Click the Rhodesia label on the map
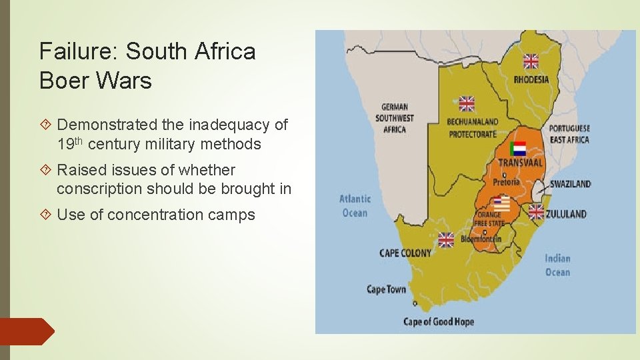(531, 80)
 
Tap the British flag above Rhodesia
(531, 61)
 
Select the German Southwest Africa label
(395, 118)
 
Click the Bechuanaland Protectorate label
(472, 128)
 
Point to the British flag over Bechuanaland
(467, 103)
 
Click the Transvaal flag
(517, 148)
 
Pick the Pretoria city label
(507, 182)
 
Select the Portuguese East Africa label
(569, 134)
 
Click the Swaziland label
(570, 184)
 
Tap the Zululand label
(566, 214)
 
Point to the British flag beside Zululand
(536, 212)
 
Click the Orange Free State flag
(501, 204)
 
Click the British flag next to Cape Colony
(446, 239)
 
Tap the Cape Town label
(386, 289)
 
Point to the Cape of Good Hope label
(439, 322)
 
